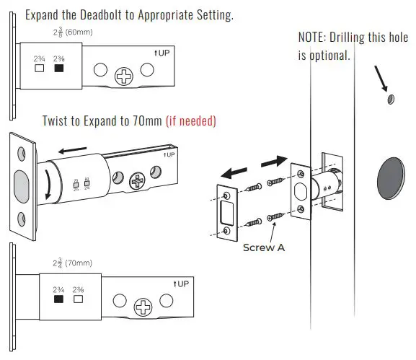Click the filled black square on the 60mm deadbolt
click(59, 68)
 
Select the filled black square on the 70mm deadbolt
click(59, 297)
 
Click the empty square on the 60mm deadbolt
click(40, 68)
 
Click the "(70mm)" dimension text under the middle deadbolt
click(78, 263)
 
